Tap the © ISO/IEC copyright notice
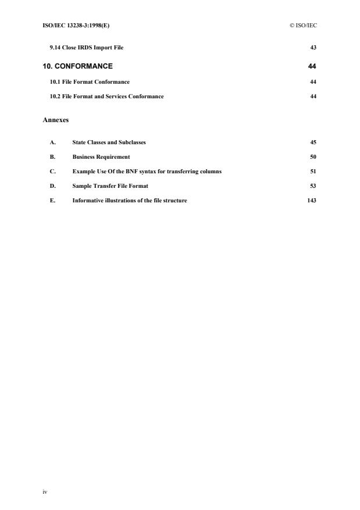(303, 25)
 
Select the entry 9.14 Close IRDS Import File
(87, 47)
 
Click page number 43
(313, 47)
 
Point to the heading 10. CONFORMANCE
(78, 66)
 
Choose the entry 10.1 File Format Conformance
(90, 82)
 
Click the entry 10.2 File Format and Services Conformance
(106, 97)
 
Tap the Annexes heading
(56, 119)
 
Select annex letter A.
(52, 142)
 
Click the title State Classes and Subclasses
(109, 142)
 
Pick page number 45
(313, 142)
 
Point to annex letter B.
(52, 157)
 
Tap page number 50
(313, 157)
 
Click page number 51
(313, 172)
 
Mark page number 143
(312, 201)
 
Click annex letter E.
(52, 201)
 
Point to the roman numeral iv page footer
(45, 491)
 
